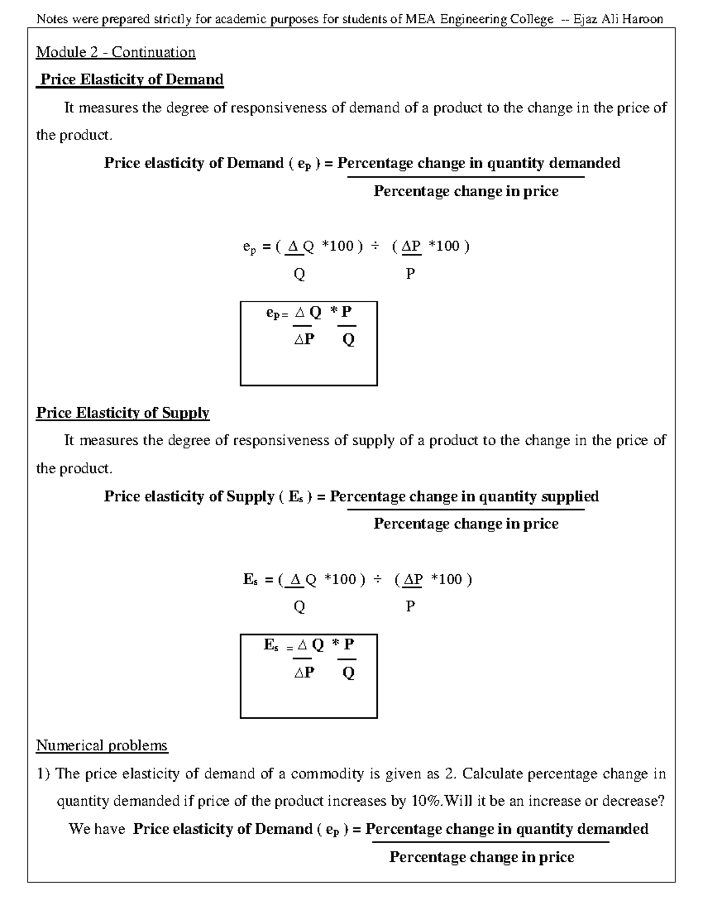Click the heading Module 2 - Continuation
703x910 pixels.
coord(115,52)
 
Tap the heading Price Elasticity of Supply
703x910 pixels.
coord(122,413)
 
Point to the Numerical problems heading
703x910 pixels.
coord(102,745)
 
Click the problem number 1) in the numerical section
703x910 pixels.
coord(43,773)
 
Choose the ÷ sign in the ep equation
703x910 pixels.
coord(373,246)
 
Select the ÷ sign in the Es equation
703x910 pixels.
coord(378,580)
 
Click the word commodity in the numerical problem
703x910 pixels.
coord(327,773)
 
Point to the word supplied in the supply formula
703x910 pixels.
coord(569,496)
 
